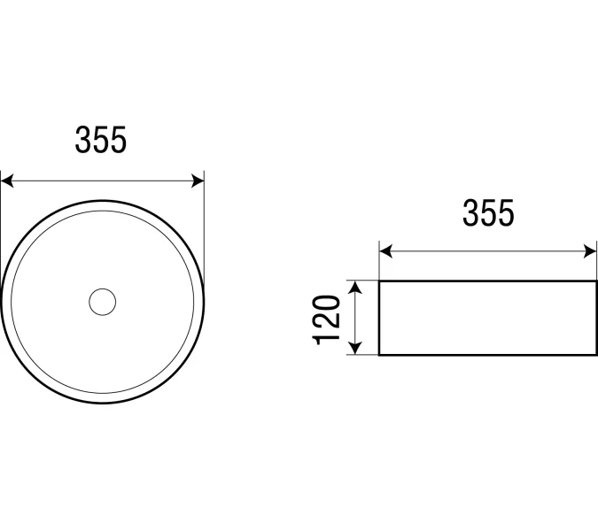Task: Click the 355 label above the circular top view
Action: [100, 140]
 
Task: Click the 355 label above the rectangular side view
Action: [488, 212]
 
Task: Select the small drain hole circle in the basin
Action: [102, 302]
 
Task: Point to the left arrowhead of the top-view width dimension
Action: [7, 181]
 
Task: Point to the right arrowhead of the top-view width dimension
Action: [198, 181]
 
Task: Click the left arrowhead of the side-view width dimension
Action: [386, 251]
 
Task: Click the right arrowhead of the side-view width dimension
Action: [590, 251]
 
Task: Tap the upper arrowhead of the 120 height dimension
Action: [355, 288]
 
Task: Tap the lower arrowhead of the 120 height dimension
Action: [355, 348]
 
